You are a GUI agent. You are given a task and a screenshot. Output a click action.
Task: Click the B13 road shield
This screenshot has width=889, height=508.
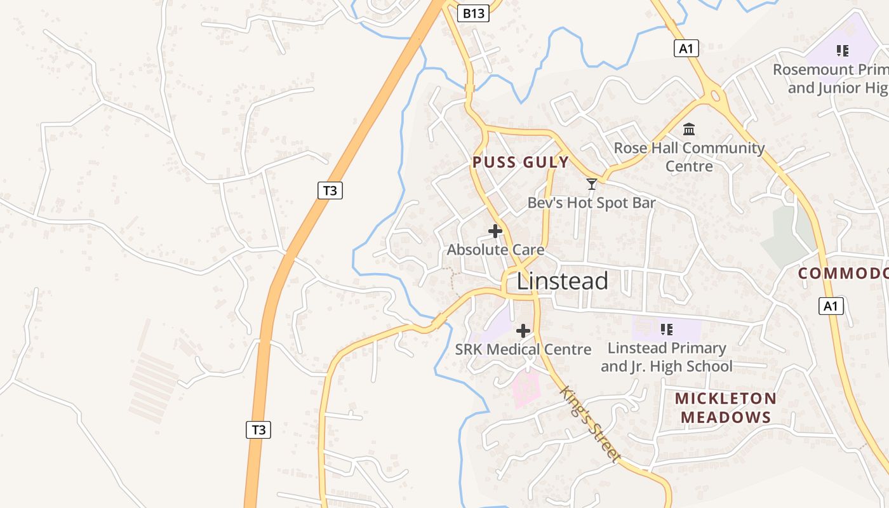pos(474,13)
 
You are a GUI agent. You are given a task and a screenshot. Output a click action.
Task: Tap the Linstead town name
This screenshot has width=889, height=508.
pos(562,281)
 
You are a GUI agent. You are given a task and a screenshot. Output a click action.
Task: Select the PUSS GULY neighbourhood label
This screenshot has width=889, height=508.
pos(521,163)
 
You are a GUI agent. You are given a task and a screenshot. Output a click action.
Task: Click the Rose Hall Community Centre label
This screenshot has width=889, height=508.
pos(689,157)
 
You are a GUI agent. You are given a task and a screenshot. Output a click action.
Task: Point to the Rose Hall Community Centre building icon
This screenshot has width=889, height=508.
pos(689,130)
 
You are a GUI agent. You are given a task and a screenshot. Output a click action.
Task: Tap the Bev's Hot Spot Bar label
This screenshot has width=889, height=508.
pos(591,203)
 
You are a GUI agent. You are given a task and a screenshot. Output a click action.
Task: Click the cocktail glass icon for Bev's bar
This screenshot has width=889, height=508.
pos(592,184)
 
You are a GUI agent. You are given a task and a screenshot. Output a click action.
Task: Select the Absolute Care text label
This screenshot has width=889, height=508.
pos(495,250)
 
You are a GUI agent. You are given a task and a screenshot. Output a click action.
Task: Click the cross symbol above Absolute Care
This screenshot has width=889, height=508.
pos(495,231)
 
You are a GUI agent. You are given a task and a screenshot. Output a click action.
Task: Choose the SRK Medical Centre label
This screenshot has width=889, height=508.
pos(523,349)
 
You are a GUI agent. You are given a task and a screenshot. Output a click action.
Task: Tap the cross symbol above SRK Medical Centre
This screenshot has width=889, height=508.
pos(523,331)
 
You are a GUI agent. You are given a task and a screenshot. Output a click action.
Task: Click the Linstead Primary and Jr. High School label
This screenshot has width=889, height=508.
pos(667,357)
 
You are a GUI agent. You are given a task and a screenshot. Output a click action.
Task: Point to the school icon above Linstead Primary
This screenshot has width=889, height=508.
pos(666,329)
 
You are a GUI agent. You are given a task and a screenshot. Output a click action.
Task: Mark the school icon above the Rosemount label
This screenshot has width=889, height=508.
pos(843,50)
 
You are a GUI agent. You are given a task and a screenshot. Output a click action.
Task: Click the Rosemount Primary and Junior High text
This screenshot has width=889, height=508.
pos(831,79)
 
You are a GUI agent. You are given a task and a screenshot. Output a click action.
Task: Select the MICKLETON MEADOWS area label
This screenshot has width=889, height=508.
pos(725,408)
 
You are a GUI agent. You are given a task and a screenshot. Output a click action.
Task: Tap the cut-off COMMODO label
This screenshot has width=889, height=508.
pos(843,274)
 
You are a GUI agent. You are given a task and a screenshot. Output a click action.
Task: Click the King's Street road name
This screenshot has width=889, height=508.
pos(590,424)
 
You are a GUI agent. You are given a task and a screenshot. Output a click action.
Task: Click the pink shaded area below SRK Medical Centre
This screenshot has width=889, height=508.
pos(526,389)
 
